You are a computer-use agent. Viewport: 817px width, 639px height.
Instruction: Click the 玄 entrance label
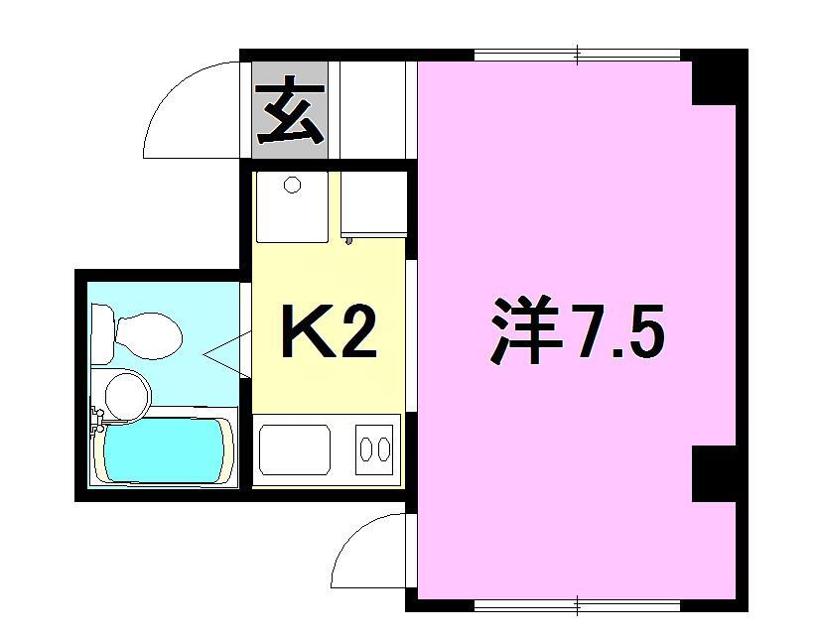(x=290, y=110)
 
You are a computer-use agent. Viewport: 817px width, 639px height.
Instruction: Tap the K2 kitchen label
(x=329, y=331)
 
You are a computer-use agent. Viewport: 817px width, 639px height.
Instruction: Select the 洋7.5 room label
(x=577, y=330)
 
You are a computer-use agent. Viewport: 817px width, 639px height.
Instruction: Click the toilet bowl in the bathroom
(x=149, y=336)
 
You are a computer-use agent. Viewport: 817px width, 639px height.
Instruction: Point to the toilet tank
(x=102, y=333)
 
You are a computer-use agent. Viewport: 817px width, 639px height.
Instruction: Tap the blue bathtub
(x=163, y=451)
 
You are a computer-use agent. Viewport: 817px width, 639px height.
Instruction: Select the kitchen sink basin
(x=295, y=449)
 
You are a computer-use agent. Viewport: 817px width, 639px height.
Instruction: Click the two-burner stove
(x=374, y=449)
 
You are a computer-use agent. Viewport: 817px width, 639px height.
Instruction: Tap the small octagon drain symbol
(x=292, y=185)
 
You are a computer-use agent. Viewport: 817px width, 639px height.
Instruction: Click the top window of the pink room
(x=578, y=55)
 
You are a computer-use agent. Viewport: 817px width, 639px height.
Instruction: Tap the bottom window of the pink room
(x=578, y=605)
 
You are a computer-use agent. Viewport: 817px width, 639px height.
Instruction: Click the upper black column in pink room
(x=715, y=78)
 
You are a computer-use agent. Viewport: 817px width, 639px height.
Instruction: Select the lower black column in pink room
(x=715, y=474)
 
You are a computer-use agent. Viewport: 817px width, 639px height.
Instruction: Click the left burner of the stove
(x=366, y=449)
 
